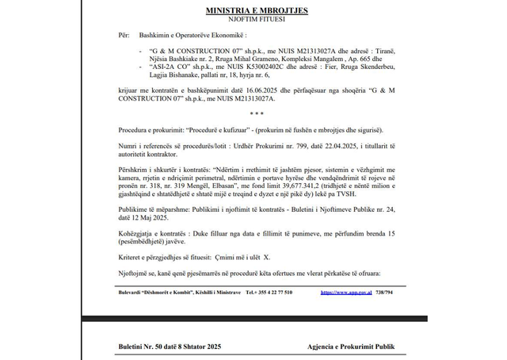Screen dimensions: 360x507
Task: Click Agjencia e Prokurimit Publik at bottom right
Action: click(x=350, y=347)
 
